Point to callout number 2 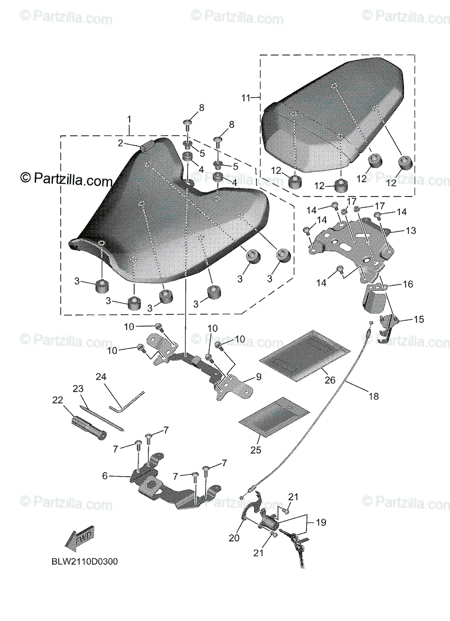tap(119, 143)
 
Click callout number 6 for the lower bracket tap(105, 476)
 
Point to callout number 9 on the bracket tap(258, 377)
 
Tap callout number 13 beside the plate tap(411, 230)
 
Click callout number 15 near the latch tap(418, 319)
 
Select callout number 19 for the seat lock tap(321, 523)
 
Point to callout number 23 tap(78, 389)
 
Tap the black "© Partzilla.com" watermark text tap(66, 181)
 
